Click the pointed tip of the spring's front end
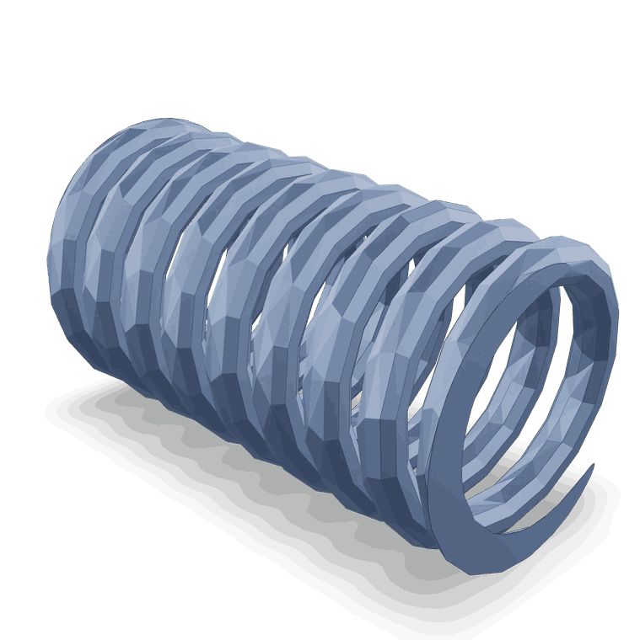click(592, 466)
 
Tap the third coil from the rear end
click(160, 253)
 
